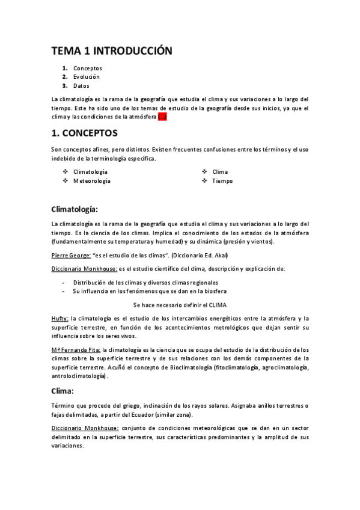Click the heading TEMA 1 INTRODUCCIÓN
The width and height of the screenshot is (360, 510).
(x=111, y=51)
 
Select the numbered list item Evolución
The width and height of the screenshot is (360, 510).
(x=87, y=77)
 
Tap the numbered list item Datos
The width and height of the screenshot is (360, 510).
(x=81, y=86)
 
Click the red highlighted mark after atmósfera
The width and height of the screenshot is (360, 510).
(x=162, y=117)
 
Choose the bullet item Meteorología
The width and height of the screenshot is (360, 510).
(x=91, y=181)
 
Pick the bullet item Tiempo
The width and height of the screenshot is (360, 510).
(x=222, y=181)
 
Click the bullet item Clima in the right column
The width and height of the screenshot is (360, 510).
(x=220, y=172)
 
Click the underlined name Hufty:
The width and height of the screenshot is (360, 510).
(x=60, y=318)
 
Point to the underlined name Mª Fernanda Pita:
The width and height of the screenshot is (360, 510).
(x=76, y=349)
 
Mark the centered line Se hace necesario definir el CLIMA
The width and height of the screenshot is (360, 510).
(x=180, y=304)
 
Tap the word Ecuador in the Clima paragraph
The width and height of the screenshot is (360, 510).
(x=174, y=415)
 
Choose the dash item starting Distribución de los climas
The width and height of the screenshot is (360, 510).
(x=145, y=282)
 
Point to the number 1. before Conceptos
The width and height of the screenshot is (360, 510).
(x=64, y=68)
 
